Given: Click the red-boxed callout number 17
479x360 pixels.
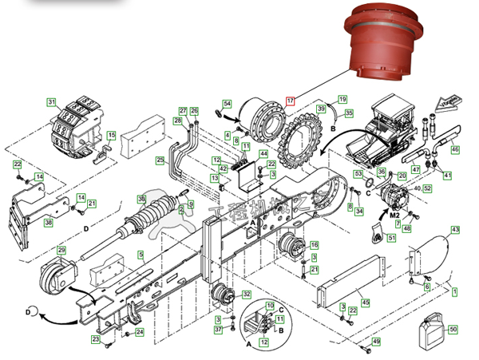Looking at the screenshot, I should [x=291, y=101].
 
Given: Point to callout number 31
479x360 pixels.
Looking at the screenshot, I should [x=51, y=102].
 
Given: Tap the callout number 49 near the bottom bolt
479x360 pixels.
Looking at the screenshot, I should [x=376, y=342].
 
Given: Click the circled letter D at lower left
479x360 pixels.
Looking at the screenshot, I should [x=30, y=310].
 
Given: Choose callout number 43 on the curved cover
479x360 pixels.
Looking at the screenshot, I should [x=456, y=230].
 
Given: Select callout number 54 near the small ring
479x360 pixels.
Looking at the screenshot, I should [x=227, y=105].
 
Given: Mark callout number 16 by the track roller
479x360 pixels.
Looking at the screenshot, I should [x=314, y=244].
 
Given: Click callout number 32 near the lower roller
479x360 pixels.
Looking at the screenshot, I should [x=247, y=295].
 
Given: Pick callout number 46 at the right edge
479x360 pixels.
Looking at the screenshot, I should [x=455, y=148].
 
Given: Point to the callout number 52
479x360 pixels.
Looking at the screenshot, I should [x=427, y=188].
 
